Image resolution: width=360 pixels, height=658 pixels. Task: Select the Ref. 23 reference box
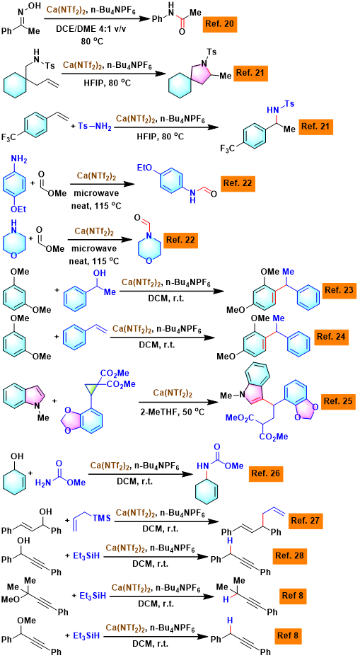[x=339, y=290]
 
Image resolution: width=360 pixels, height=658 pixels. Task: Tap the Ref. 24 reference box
[x=330, y=336]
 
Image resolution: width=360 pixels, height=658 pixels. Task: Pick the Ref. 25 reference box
[x=339, y=400]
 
